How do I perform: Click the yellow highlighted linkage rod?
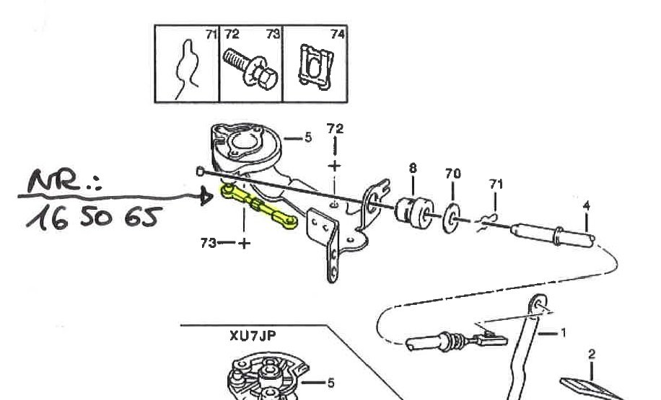(x=258, y=207)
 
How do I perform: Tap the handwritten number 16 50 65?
(x=93, y=218)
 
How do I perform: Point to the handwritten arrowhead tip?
(x=213, y=196)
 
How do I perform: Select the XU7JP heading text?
(x=253, y=336)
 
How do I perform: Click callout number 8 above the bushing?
(x=413, y=168)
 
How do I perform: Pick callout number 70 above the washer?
(x=452, y=174)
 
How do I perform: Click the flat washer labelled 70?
(x=452, y=218)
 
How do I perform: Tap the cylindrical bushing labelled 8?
(x=414, y=212)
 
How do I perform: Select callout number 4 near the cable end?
(x=587, y=206)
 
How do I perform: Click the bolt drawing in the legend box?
(x=250, y=68)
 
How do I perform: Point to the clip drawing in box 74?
(x=315, y=66)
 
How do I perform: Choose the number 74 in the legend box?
(x=338, y=34)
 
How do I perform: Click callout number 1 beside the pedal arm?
(x=563, y=333)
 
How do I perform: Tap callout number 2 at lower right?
(x=592, y=355)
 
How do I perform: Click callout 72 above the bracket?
(x=335, y=128)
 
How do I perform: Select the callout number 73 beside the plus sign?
(x=209, y=243)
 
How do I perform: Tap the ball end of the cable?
(x=200, y=171)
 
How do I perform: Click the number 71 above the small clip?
(x=496, y=184)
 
